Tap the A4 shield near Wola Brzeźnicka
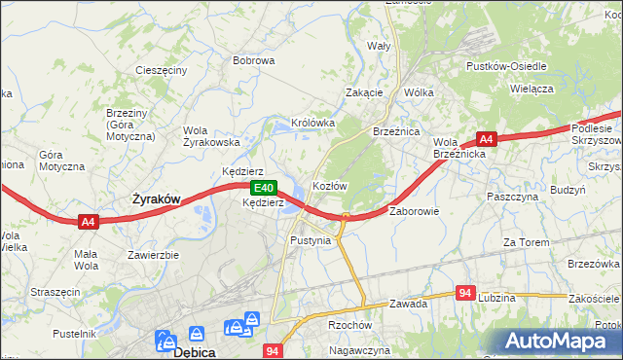[487, 139]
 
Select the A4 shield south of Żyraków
[88, 222]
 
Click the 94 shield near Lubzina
[466, 293]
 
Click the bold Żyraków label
[156, 198]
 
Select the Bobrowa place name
[253, 60]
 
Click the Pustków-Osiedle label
[506, 66]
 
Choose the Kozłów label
[329, 185]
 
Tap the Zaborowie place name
[415, 210]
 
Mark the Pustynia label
[311, 239]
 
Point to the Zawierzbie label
[153, 255]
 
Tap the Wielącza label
[531, 89]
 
